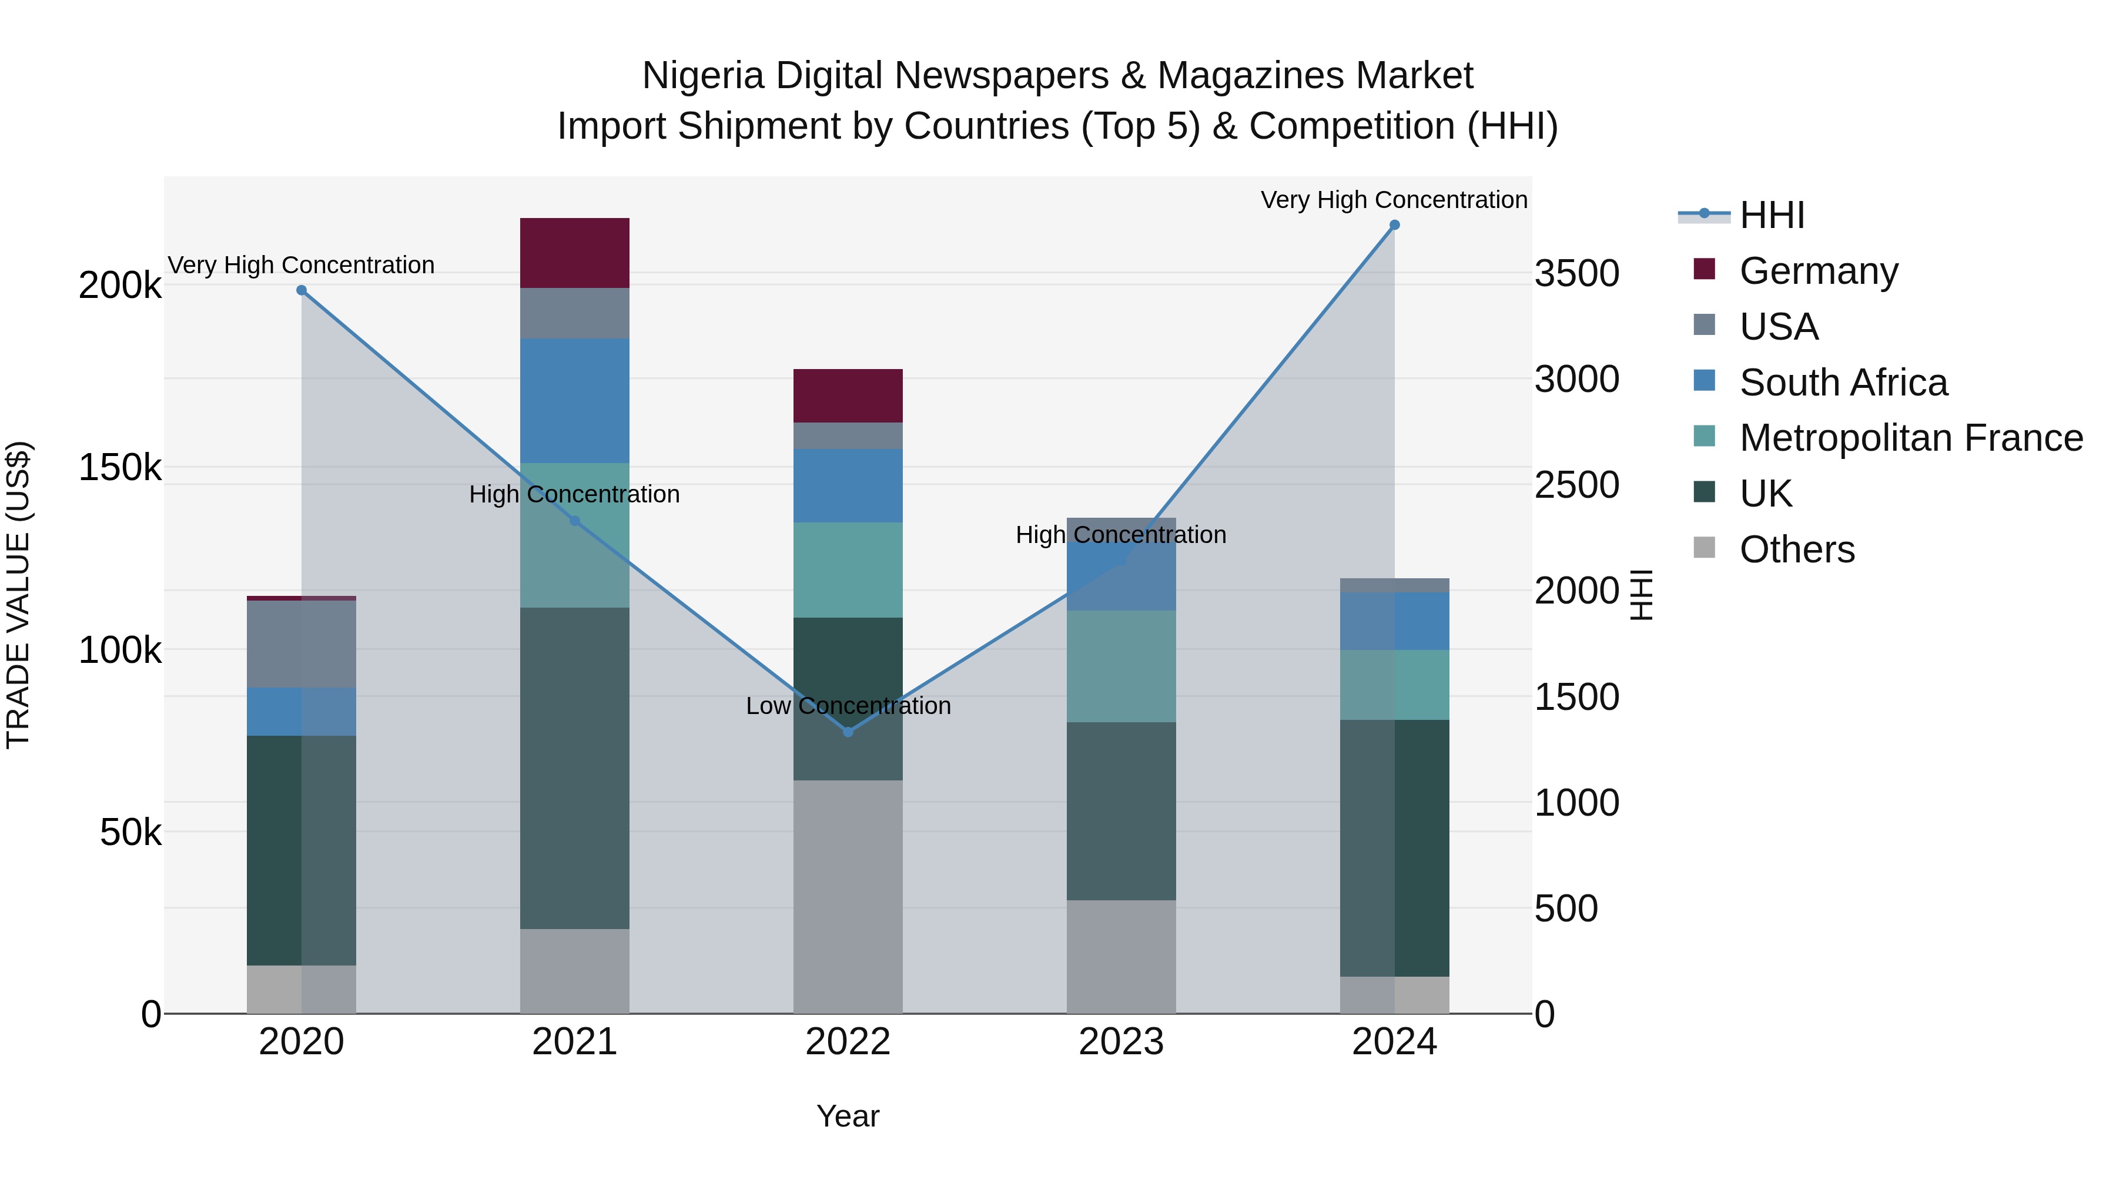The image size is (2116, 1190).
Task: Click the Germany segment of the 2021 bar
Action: point(574,253)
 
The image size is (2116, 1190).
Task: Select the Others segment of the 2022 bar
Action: point(848,896)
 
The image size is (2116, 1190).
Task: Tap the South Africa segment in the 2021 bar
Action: point(574,400)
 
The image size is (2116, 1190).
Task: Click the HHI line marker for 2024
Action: point(1394,225)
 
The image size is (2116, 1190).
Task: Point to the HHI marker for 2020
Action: point(302,290)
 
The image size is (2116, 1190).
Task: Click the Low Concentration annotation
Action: point(848,706)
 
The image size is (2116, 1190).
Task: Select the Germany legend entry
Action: point(1818,271)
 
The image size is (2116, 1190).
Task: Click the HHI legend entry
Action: point(1771,215)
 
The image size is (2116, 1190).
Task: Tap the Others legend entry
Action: point(1796,549)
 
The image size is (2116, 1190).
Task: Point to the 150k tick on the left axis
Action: point(120,468)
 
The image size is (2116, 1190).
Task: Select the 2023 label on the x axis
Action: point(1120,1042)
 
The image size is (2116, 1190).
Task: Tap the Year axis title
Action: point(848,1116)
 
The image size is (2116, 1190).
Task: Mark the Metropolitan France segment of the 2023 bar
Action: point(1120,666)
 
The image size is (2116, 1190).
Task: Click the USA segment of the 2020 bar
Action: point(302,644)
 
